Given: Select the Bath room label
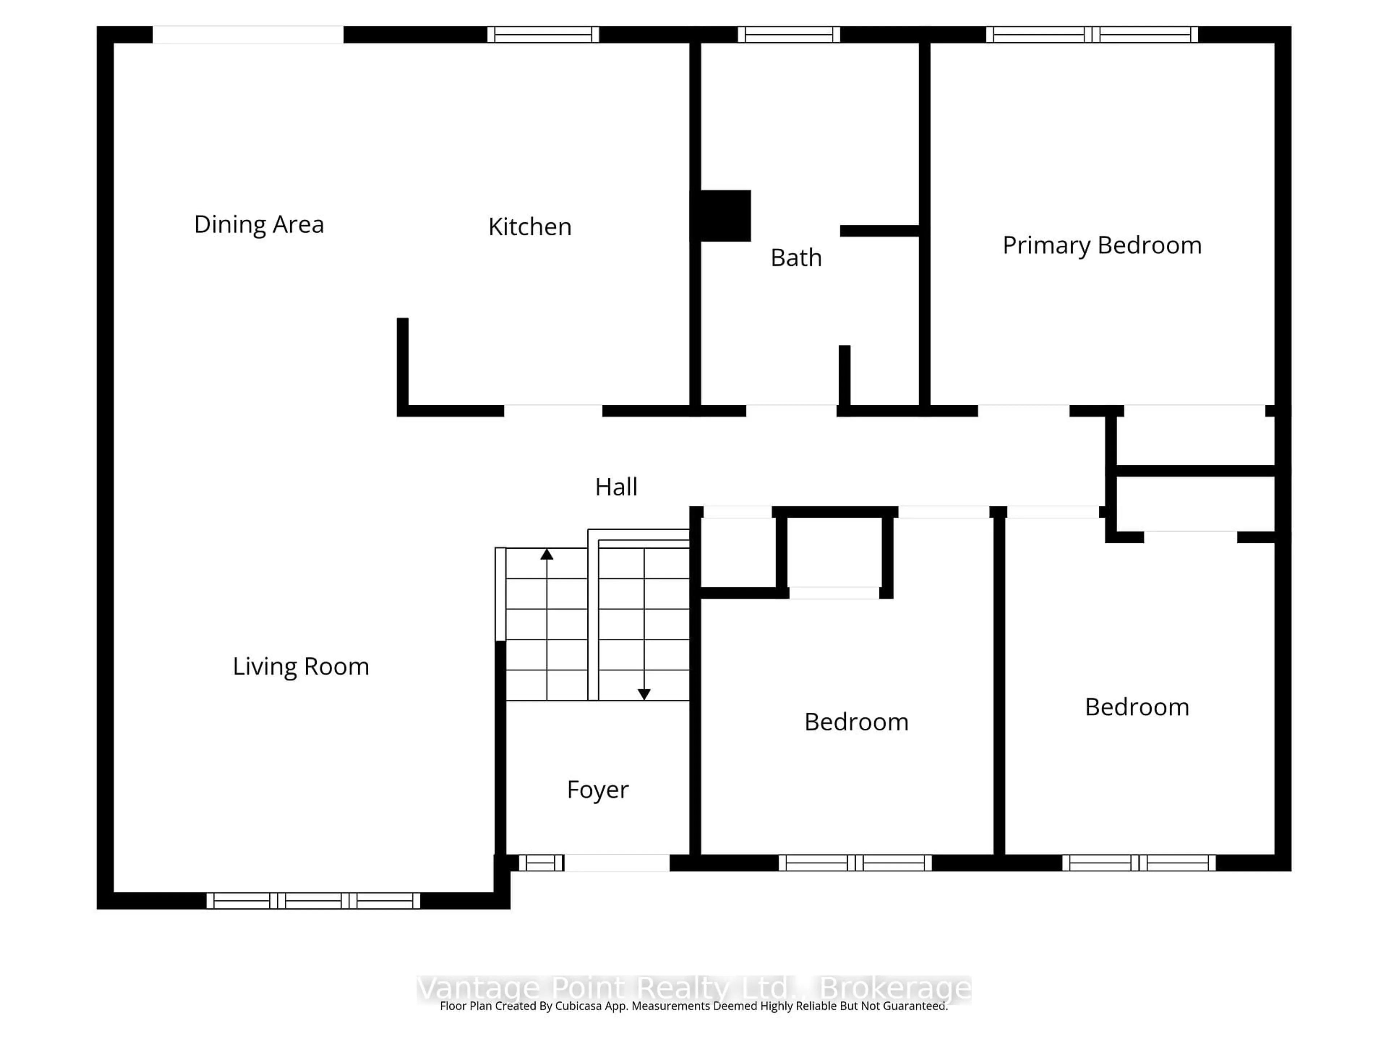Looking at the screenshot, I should (796, 258).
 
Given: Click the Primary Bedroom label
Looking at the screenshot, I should (1102, 245).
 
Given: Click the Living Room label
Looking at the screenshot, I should (301, 667).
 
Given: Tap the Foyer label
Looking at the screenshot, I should (597, 789).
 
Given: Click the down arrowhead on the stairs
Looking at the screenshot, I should (644, 694).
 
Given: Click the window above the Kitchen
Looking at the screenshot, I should (543, 34).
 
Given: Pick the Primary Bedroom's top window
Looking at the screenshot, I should (1092, 34).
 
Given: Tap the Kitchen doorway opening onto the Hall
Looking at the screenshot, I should (553, 411).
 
